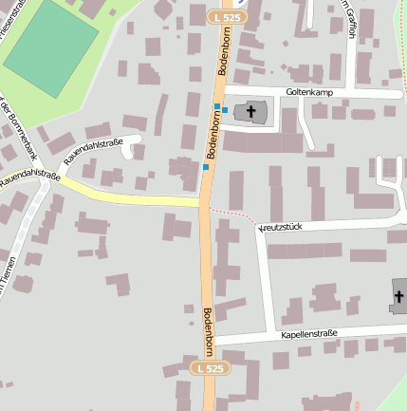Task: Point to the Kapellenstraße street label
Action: coord(311,335)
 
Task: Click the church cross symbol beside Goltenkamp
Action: coord(251,112)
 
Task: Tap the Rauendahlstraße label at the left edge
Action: coord(28,177)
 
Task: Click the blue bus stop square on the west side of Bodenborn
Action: coord(205,167)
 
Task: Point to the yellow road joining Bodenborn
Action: coord(133,193)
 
